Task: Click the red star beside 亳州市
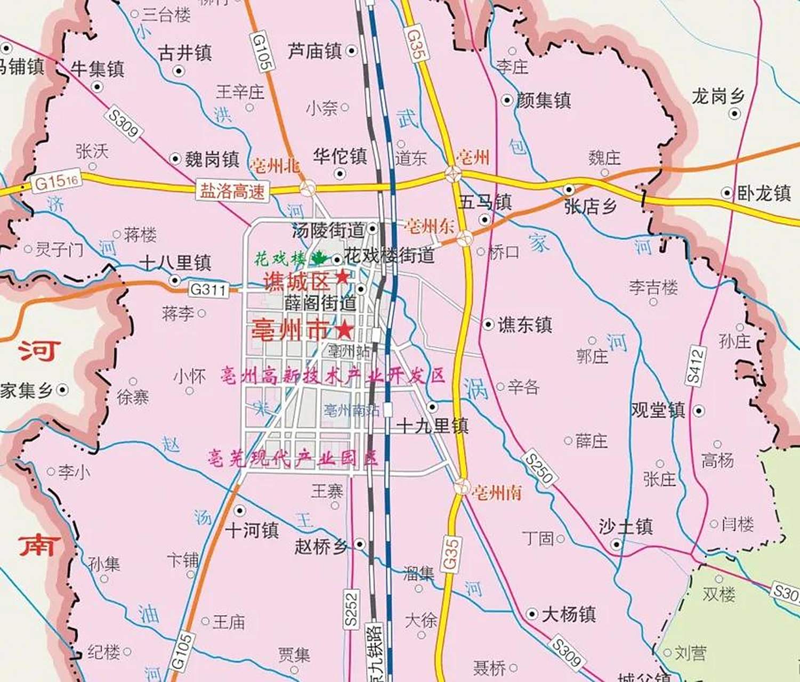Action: coord(345,330)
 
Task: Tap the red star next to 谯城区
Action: coord(342,277)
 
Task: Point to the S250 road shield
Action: coord(539,468)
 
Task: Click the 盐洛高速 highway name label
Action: coord(232,191)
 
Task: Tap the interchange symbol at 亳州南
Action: coord(462,486)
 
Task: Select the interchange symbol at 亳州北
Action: coord(308,187)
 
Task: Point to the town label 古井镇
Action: coord(185,53)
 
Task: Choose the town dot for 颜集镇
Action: coord(507,100)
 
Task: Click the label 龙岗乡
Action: coord(717,96)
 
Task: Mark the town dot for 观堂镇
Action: coord(699,411)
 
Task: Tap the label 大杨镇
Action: coord(568,614)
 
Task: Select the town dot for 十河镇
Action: coord(240,510)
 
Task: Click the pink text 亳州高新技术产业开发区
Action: coord(333,376)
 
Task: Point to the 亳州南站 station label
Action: coord(352,410)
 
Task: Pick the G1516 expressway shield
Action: coord(57,182)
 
